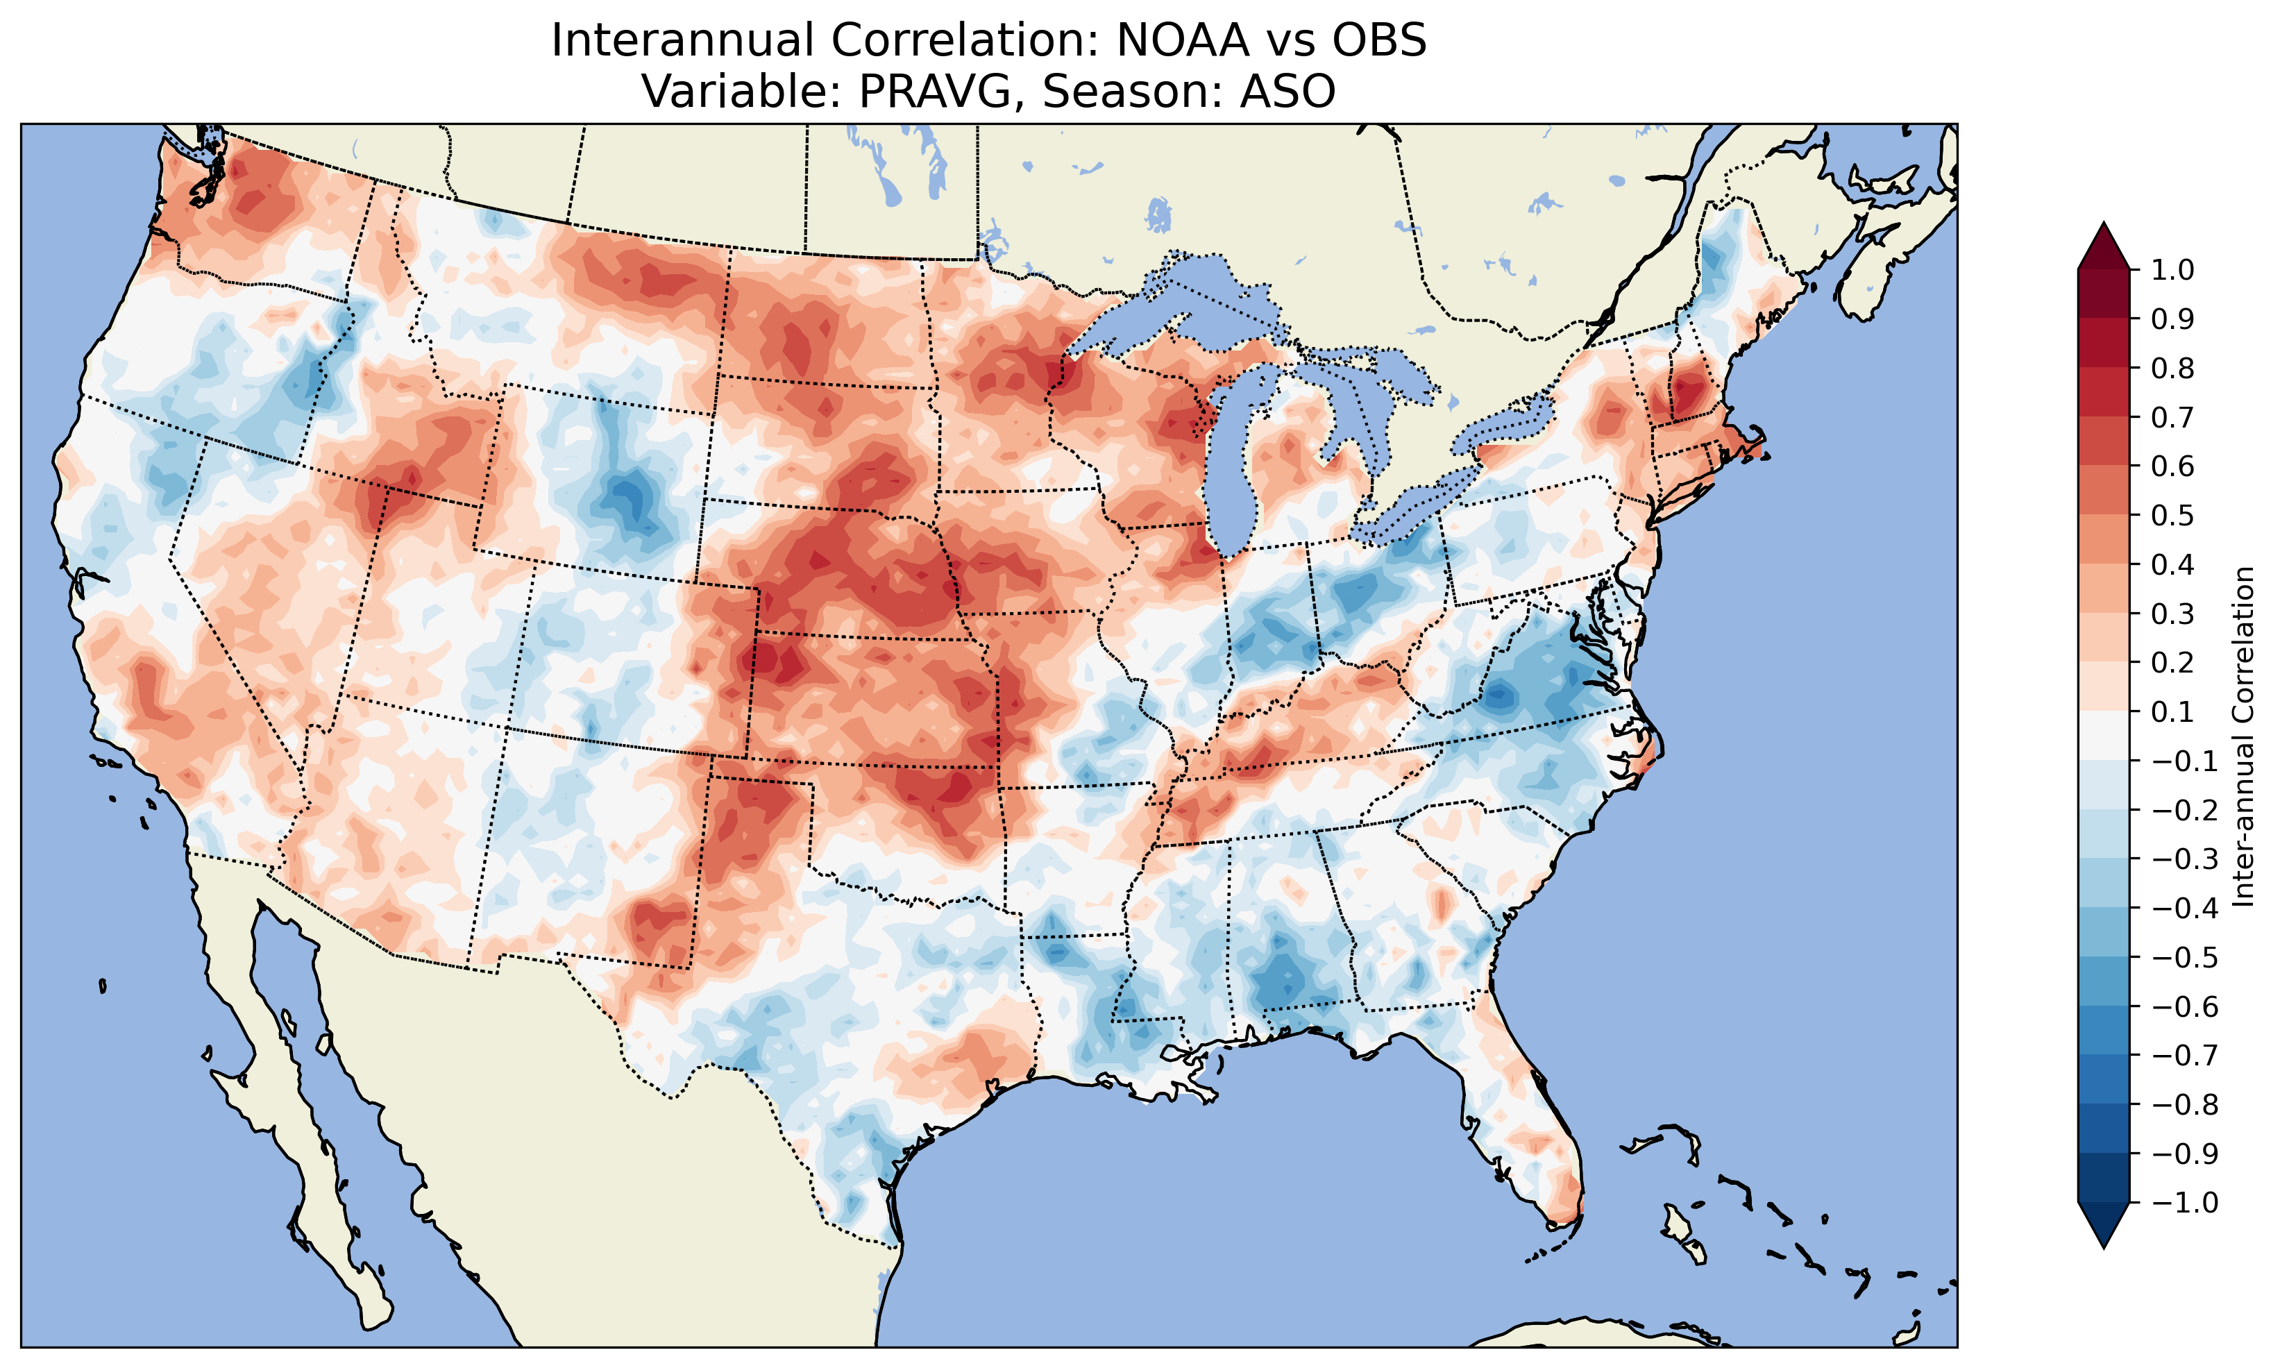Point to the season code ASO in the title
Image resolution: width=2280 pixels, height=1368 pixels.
[1287, 91]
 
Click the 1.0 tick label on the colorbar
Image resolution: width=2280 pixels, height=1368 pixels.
[2172, 270]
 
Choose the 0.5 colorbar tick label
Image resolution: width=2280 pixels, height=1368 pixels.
[2172, 515]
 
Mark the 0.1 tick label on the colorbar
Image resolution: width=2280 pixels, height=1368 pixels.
[2172, 711]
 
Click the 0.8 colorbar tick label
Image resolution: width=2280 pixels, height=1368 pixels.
[2172, 368]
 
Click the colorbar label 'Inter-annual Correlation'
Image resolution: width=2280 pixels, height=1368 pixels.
[2243, 736]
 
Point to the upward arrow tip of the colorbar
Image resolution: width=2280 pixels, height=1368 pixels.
[2104, 227]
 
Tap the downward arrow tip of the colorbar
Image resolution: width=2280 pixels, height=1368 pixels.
[2104, 1244]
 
